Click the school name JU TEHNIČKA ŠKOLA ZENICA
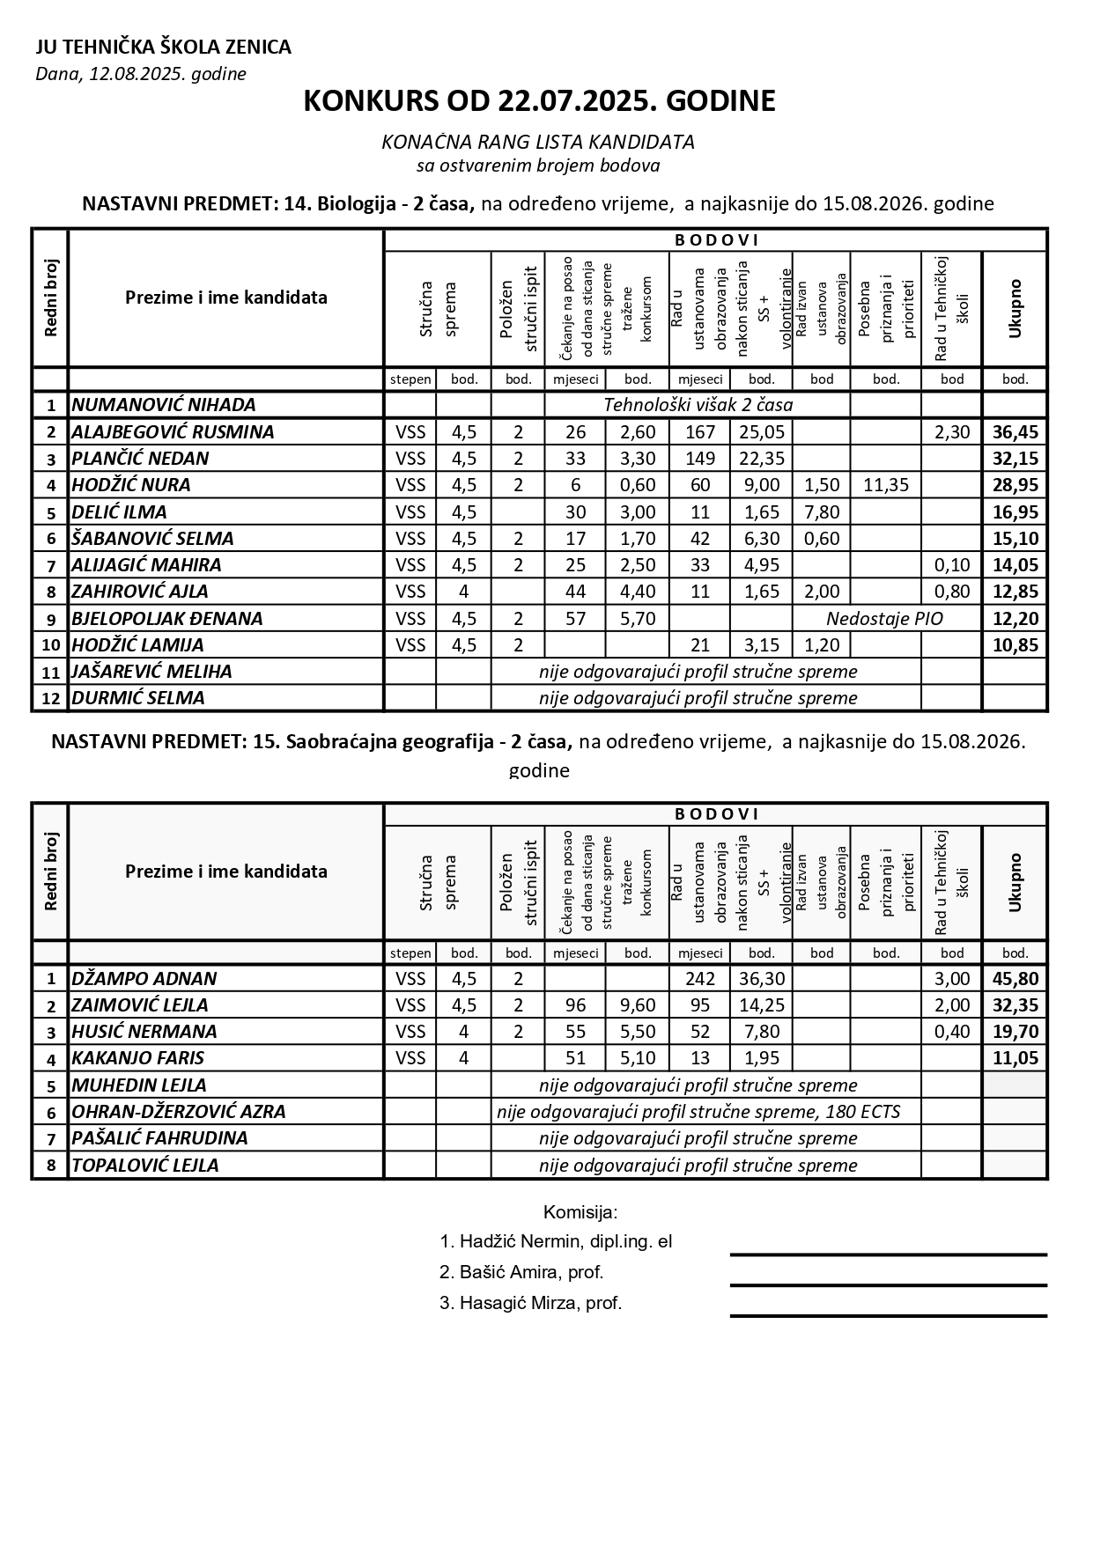[x=163, y=48]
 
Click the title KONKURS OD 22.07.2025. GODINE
[x=539, y=101]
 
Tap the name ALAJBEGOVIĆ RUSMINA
[x=173, y=431]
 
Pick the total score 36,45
[x=1015, y=431]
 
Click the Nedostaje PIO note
[x=884, y=618]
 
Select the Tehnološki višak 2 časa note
[x=698, y=405]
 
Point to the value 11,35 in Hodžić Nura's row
[x=885, y=485]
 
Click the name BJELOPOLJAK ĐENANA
[x=167, y=618]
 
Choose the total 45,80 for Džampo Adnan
[x=1015, y=978]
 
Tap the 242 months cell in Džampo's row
[x=699, y=978]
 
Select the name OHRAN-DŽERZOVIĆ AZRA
[x=179, y=1111]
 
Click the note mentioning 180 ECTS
[x=698, y=1111]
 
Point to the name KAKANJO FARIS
[x=137, y=1058]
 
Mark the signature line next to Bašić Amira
[x=888, y=1285]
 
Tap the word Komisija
[x=580, y=1211]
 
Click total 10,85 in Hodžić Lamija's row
[x=1015, y=644]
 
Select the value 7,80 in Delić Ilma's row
[x=821, y=511]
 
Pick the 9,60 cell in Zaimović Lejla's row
[x=638, y=1004]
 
